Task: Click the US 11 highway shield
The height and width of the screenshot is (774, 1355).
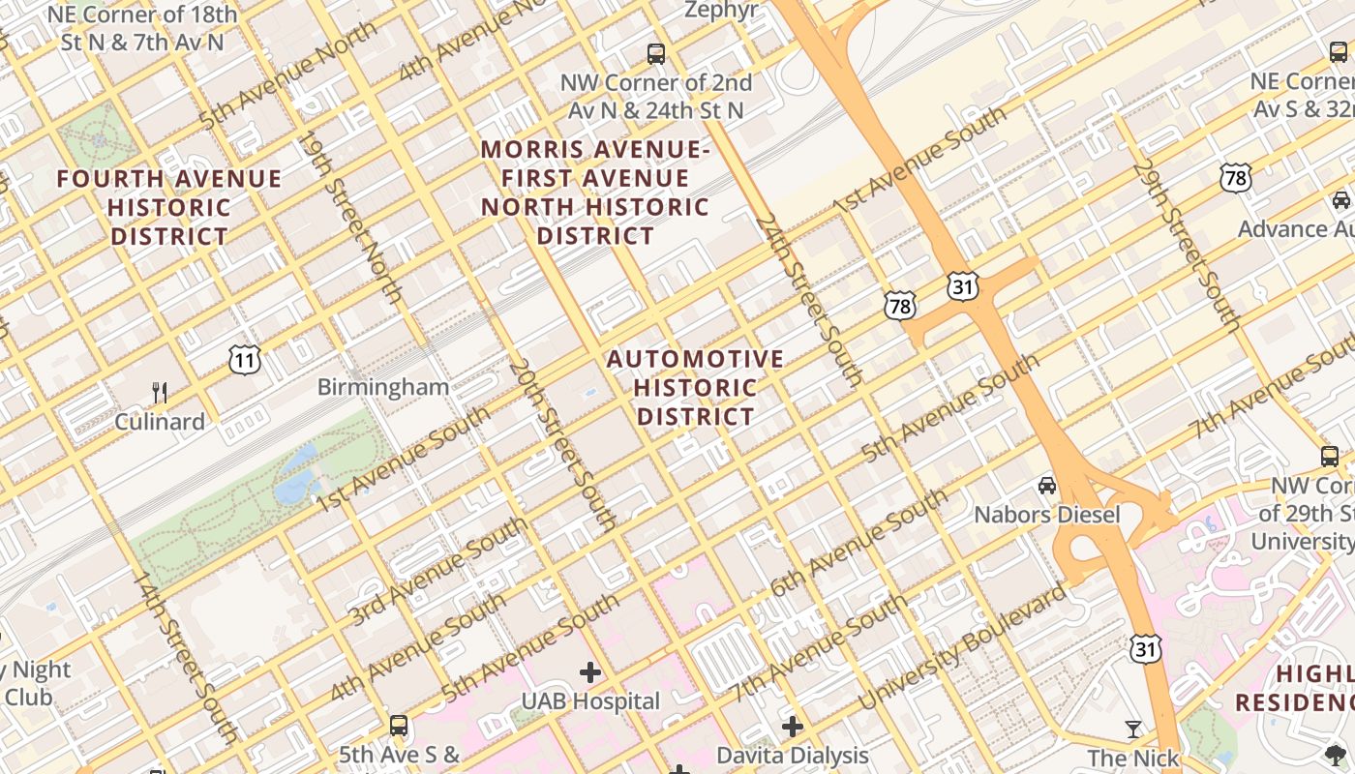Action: (x=245, y=361)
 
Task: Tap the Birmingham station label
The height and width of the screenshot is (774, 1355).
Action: (x=383, y=387)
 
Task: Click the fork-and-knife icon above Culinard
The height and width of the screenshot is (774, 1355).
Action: (x=160, y=392)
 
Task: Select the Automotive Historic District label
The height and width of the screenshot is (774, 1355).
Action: (x=695, y=387)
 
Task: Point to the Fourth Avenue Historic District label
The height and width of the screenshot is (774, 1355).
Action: (x=169, y=207)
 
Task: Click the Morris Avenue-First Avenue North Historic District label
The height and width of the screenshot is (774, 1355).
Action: (x=595, y=193)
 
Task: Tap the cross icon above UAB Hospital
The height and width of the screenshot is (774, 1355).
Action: (x=590, y=671)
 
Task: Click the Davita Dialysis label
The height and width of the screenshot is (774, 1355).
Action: (x=793, y=755)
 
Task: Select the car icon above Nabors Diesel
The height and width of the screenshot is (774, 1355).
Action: (x=1046, y=485)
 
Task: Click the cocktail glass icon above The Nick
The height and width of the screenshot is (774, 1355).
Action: (x=1133, y=729)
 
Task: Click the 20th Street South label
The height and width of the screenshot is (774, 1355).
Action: (x=561, y=446)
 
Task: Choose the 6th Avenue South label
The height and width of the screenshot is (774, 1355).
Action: (x=858, y=544)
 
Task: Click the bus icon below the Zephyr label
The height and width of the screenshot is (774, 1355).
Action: (x=656, y=53)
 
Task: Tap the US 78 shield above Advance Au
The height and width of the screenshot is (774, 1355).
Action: (x=1236, y=178)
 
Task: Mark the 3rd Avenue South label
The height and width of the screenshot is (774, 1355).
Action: (x=438, y=571)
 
